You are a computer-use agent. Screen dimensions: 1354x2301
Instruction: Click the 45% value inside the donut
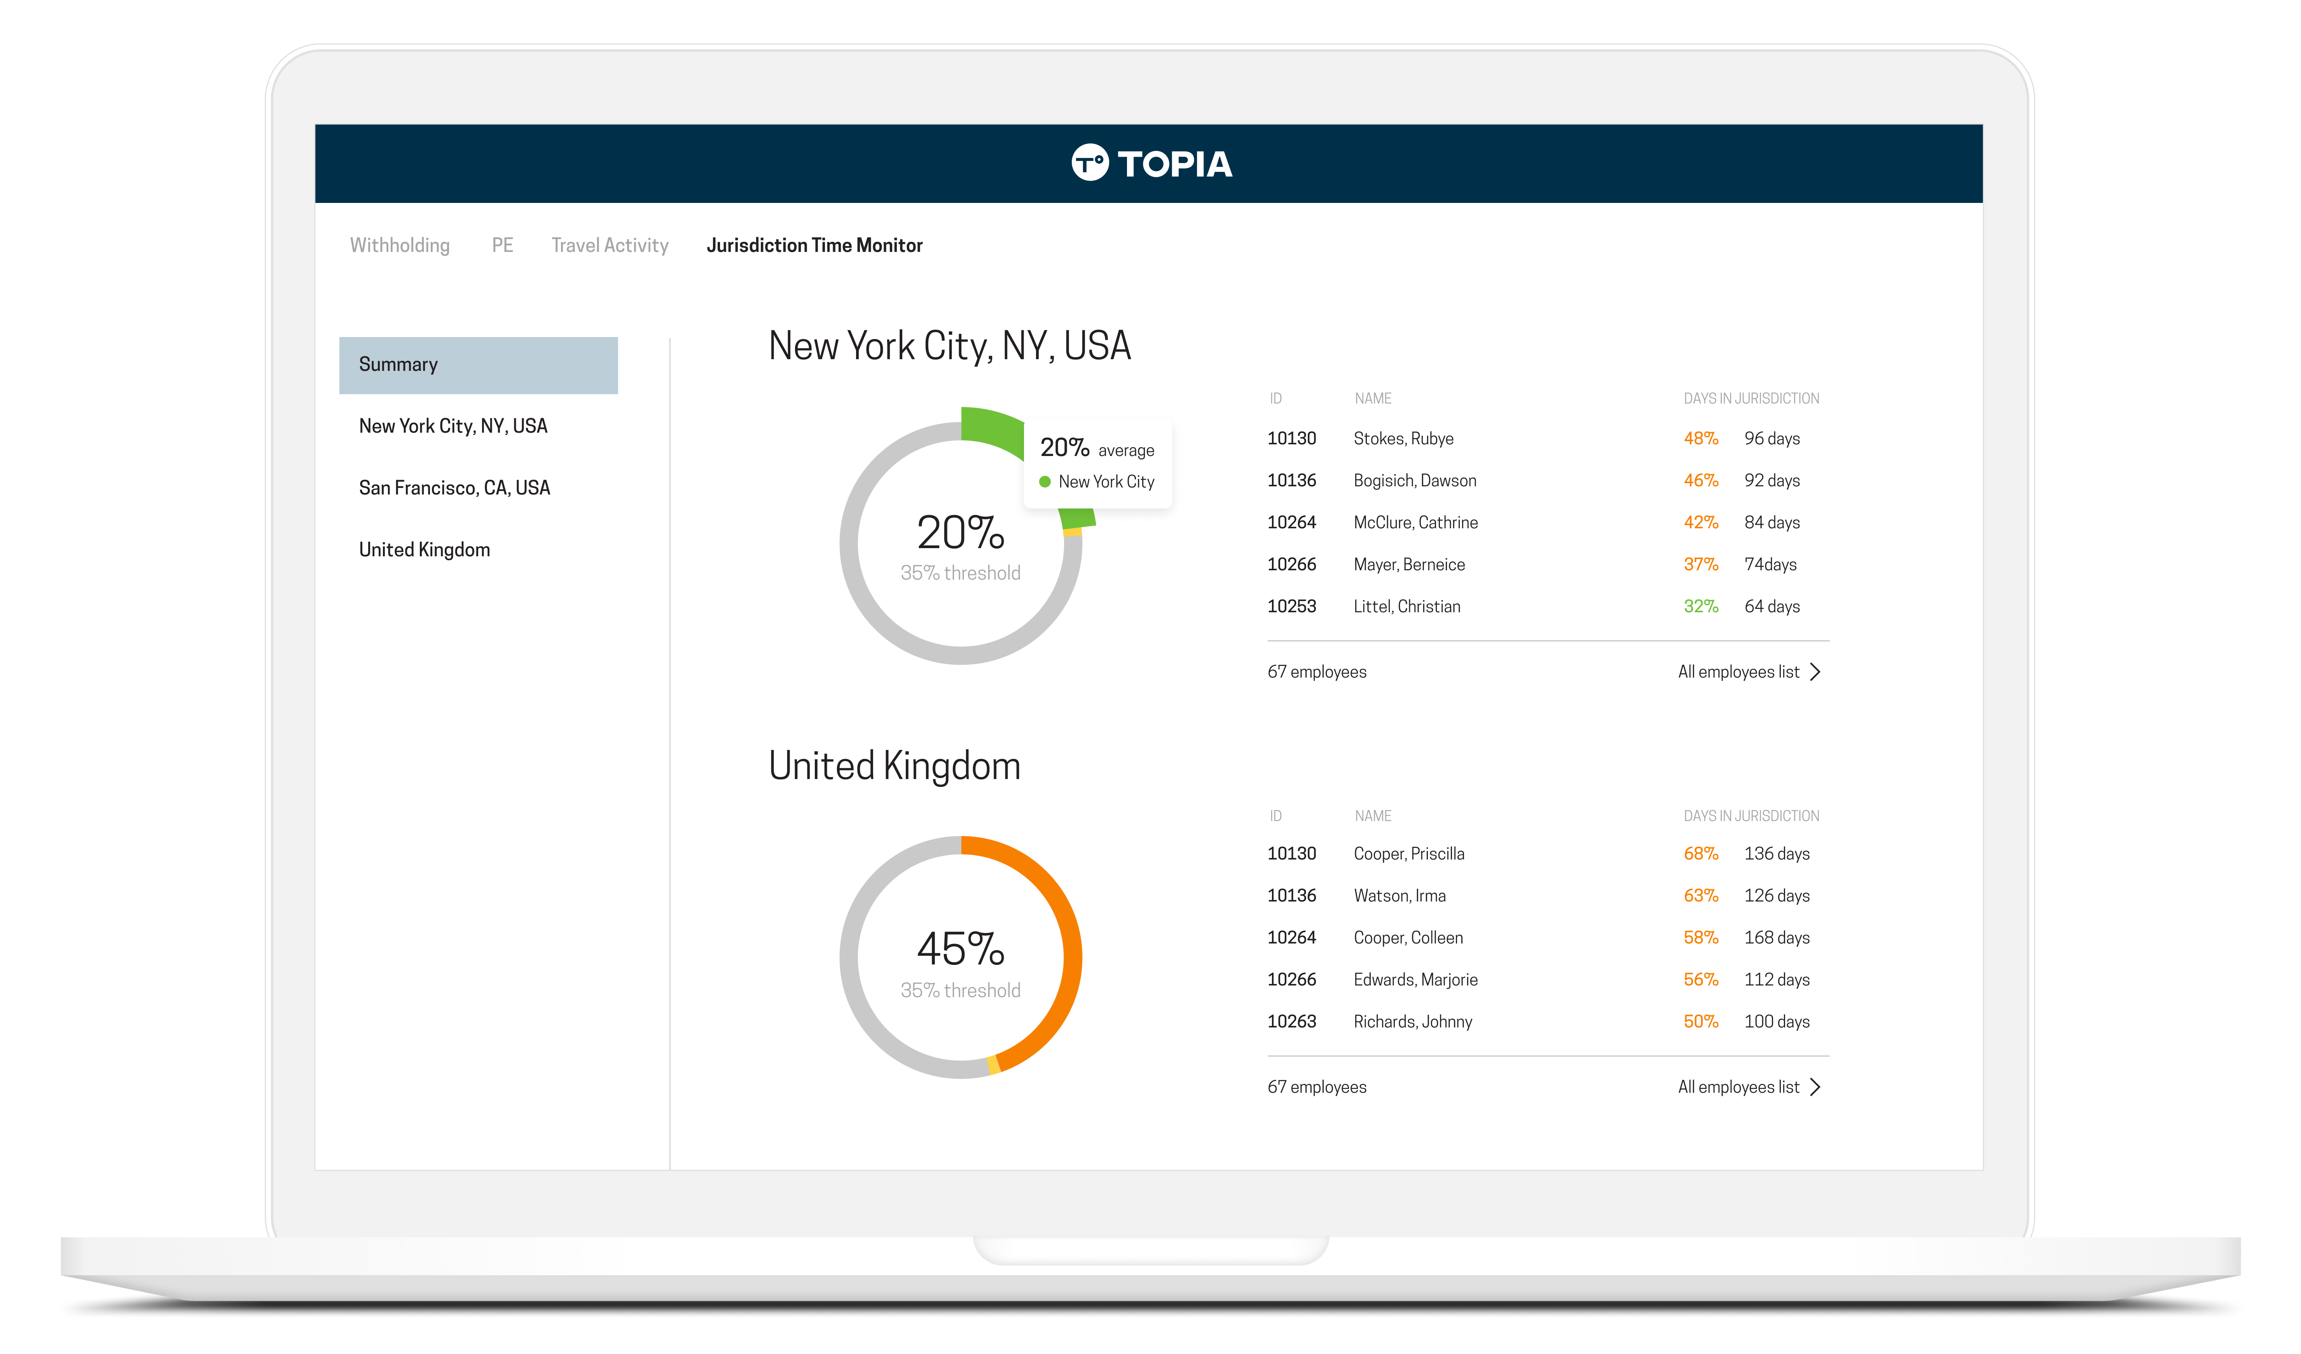point(961,950)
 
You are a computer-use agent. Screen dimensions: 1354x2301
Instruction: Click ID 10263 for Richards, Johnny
point(1291,1022)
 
